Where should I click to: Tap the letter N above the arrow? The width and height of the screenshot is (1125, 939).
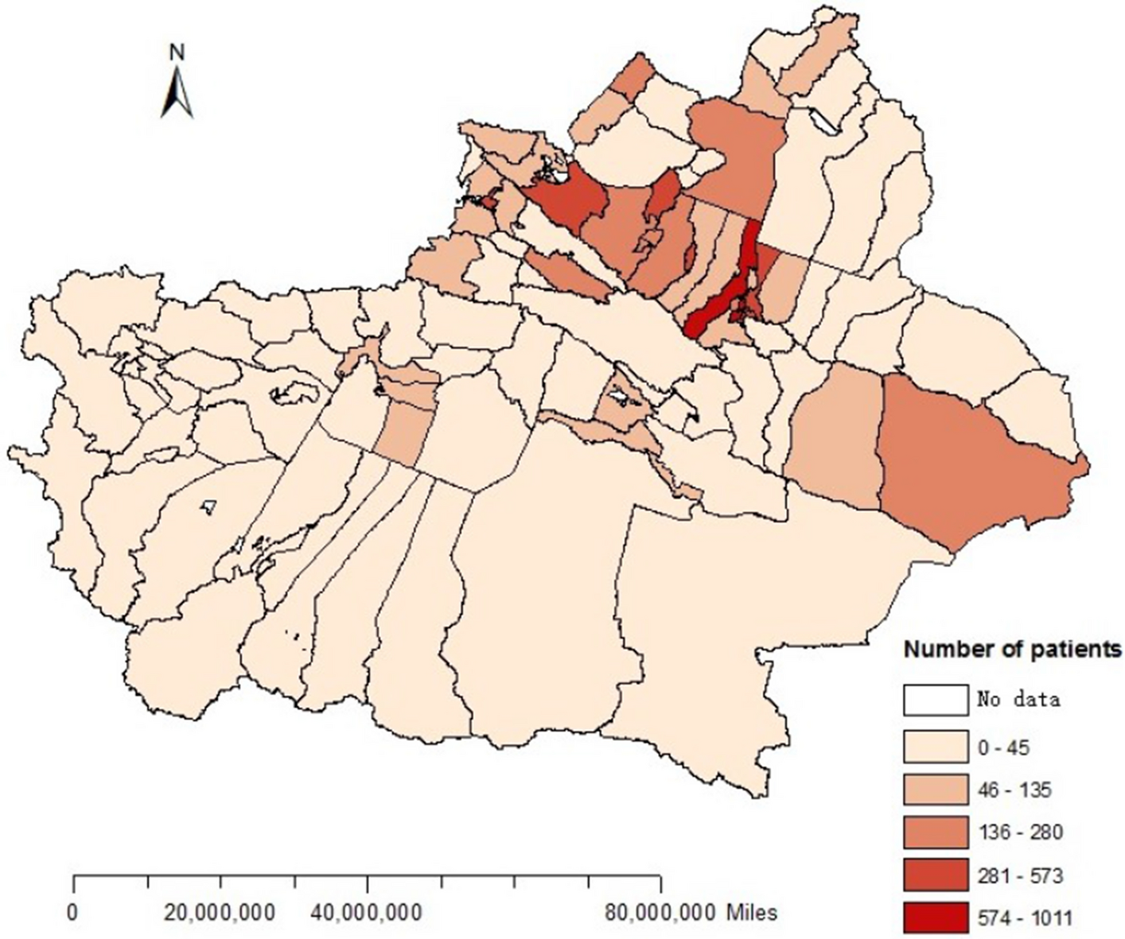[x=177, y=52]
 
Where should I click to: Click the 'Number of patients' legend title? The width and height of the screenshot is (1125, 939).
[x=1012, y=650]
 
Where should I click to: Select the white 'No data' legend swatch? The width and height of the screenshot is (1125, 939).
[x=935, y=700]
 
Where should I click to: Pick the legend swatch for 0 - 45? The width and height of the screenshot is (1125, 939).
[x=935, y=746]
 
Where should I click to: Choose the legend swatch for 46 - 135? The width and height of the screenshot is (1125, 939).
[x=935, y=790]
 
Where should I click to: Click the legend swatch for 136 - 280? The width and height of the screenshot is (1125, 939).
[x=935, y=832]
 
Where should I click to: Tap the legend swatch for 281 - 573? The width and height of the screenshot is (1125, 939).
[x=935, y=875]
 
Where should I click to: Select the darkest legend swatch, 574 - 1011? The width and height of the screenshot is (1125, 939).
[x=935, y=918]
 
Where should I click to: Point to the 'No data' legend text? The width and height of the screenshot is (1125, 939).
[x=1018, y=700]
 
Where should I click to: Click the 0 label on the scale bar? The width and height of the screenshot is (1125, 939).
[x=74, y=912]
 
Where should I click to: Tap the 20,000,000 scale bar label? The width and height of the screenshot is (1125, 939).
[x=220, y=912]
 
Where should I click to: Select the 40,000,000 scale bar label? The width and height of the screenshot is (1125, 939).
[x=367, y=912]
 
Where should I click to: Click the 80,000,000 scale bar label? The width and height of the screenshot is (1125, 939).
[x=660, y=912]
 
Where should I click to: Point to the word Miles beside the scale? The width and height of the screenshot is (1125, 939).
[x=751, y=912]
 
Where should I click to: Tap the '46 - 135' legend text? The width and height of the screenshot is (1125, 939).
[x=1013, y=790]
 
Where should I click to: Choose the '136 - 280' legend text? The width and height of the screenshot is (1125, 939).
[x=1018, y=832]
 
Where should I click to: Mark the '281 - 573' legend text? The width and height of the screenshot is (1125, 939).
[x=1018, y=875]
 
